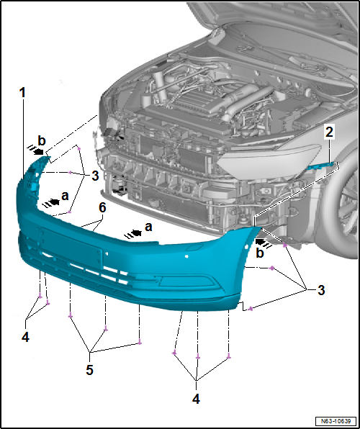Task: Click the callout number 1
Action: [x=23, y=93]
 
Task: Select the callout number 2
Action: [x=328, y=132]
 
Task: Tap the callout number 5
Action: [x=90, y=370]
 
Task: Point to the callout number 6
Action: [x=102, y=207]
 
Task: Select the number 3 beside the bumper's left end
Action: [x=94, y=176]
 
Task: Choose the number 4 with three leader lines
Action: [x=197, y=397]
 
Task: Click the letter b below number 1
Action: [x=42, y=140]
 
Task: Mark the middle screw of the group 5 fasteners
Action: [x=106, y=329]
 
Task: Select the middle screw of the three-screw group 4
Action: [x=197, y=357]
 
